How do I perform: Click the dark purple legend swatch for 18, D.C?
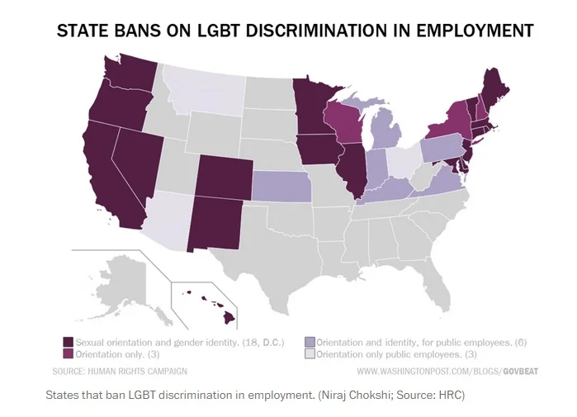(x=69, y=342)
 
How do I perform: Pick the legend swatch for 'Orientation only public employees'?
(x=310, y=353)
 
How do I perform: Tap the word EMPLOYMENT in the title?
(x=468, y=31)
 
